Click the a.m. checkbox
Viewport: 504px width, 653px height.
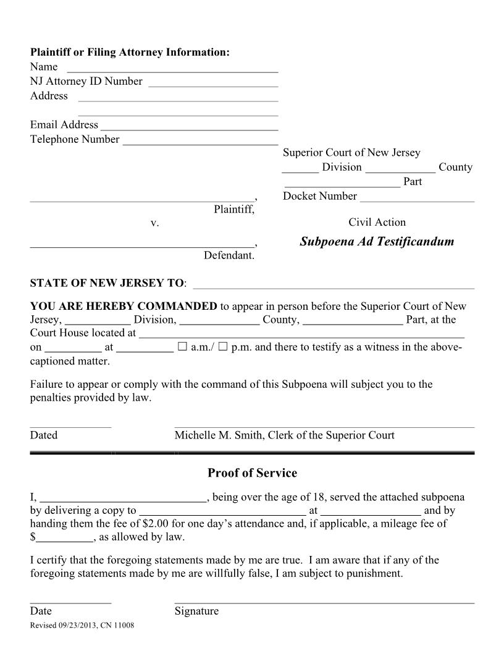click(x=182, y=347)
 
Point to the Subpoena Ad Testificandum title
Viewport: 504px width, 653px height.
click(x=377, y=242)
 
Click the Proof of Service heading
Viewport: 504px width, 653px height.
click(x=252, y=473)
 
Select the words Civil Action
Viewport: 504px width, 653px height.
click(x=377, y=222)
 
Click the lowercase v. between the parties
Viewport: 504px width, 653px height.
click(x=155, y=223)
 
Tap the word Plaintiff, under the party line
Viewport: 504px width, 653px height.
click(x=234, y=210)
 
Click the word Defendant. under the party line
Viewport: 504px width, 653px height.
click(x=229, y=255)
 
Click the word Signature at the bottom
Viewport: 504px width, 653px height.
click(x=196, y=611)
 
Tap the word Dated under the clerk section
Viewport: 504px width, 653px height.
click(x=43, y=435)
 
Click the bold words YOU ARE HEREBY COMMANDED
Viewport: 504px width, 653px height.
click(x=124, y=306)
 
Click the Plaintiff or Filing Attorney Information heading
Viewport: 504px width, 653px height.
click(x=130, y=53)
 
